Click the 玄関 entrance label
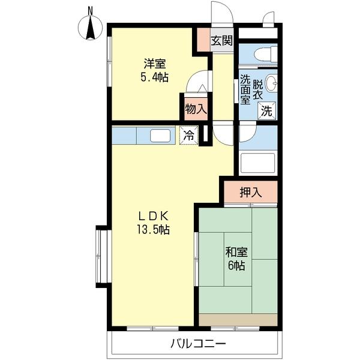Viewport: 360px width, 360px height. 221,41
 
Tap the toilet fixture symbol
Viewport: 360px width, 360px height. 266,54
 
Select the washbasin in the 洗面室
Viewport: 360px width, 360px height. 271,83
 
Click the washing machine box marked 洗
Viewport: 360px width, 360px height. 267,111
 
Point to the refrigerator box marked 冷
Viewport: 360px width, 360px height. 189,135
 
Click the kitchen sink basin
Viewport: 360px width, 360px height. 160,136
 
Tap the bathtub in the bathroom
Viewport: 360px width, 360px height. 258,163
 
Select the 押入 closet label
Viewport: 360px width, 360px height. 251,192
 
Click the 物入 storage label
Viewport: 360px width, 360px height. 196,109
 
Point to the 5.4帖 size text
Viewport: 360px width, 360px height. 154,77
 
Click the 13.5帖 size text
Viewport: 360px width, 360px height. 154,229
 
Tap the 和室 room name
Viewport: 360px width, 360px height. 236,252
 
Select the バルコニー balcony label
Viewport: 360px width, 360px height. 199,344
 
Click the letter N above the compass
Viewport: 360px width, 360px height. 91,11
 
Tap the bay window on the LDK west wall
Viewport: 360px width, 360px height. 101,257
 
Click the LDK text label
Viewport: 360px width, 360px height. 154,215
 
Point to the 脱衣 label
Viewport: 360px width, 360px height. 257,89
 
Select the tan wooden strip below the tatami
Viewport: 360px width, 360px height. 238,320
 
